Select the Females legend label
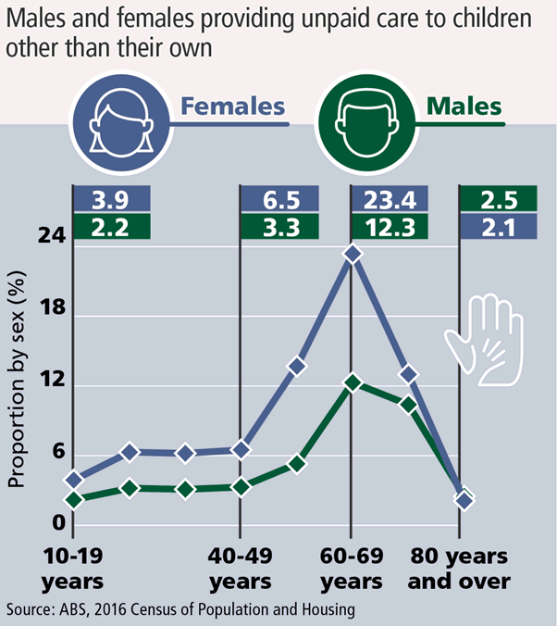(x=232, y=106)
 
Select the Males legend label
(x=464, y=106)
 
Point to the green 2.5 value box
(x=498, y=199)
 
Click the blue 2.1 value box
(x=498, y=226)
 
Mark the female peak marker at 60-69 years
(x=352, y=253)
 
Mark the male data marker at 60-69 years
(x=352, y=382)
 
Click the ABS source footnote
(x=181, y=609)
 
